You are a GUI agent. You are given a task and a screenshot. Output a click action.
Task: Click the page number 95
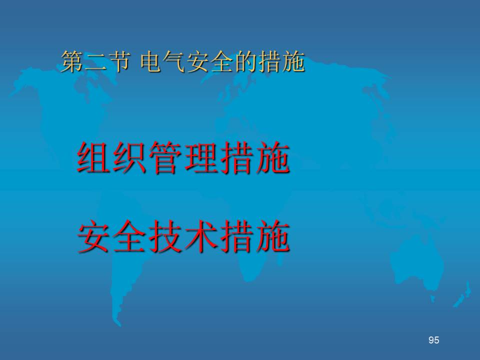click(x=434, y=340)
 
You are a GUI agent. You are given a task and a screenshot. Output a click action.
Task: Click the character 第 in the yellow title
click(x=73, y=61)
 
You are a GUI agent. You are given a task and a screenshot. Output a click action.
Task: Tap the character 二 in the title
click(x=96, y=61)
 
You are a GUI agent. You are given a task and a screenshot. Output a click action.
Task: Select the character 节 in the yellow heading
click(x=119, y=61)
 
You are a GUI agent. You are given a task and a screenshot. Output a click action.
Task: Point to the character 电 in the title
click(x=151, y=61)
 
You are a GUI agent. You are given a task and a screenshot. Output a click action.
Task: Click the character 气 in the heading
click(x=175, y=61)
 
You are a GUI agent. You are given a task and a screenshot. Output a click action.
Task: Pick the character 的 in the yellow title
click(x=246, y=61)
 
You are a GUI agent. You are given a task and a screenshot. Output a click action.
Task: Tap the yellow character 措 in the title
click(x=269, y=61)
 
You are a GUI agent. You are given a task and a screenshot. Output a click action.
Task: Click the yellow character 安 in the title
click(x=198, y=61)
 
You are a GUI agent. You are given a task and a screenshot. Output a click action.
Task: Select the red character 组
click(x=94, y=157)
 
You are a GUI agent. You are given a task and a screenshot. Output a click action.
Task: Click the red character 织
click(x=130, y=157)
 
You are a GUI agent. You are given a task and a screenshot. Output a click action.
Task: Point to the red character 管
click(x=165, y=157)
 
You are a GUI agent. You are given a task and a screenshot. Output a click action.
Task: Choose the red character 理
click(x=201, y=157)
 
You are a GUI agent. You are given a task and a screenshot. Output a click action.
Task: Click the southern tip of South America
click(x=118, y=324)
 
